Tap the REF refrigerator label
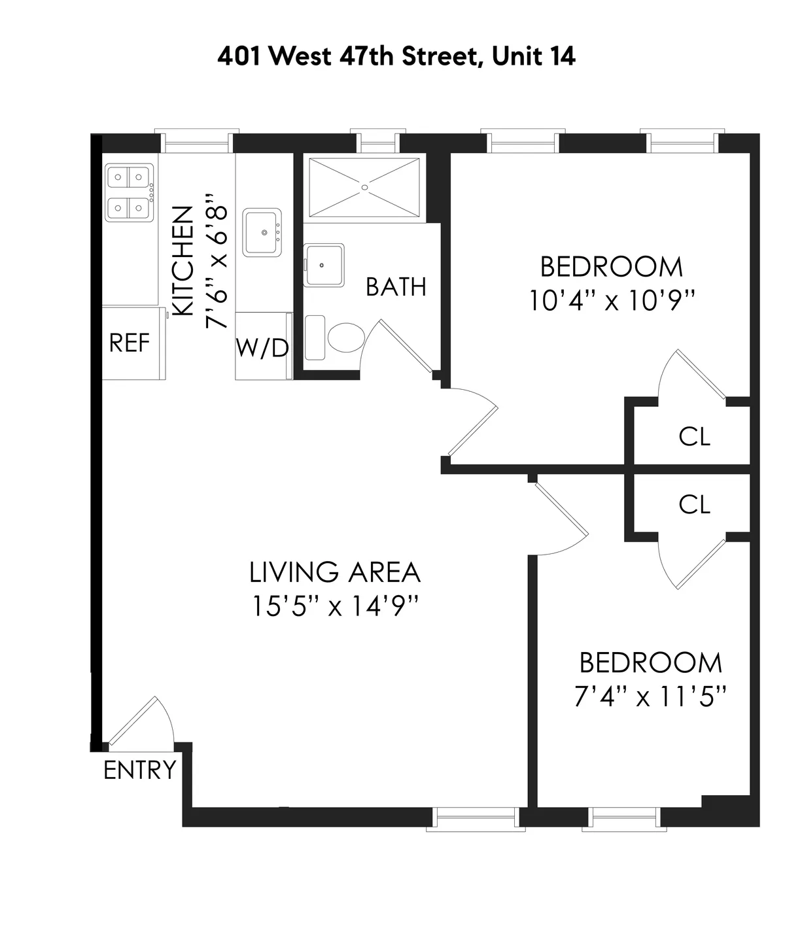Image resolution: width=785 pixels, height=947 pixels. (x=130, y=343)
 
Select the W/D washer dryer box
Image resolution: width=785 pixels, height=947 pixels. (x=262, y=347)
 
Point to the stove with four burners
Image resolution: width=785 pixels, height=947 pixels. (x=129, y=192)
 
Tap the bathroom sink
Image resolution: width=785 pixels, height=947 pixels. (x=324, y=265)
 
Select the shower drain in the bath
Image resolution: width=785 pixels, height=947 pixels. (x=365, y=186)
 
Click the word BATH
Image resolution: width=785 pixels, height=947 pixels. (x=396, y=287)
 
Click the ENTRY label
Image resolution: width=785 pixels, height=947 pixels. (x=140, y=770)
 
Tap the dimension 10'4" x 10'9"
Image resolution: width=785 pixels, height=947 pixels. (x=612, y=301)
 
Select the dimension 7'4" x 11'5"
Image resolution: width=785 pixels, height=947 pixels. (x=651, y=697)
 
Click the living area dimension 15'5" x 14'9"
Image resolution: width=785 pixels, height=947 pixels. (x=334, y=606)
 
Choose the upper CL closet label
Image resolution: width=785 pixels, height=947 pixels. (x=694, y=437)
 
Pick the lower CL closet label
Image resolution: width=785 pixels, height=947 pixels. (x=694, y=504)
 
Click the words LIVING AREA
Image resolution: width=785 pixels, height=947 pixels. (x=334, y=572)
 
